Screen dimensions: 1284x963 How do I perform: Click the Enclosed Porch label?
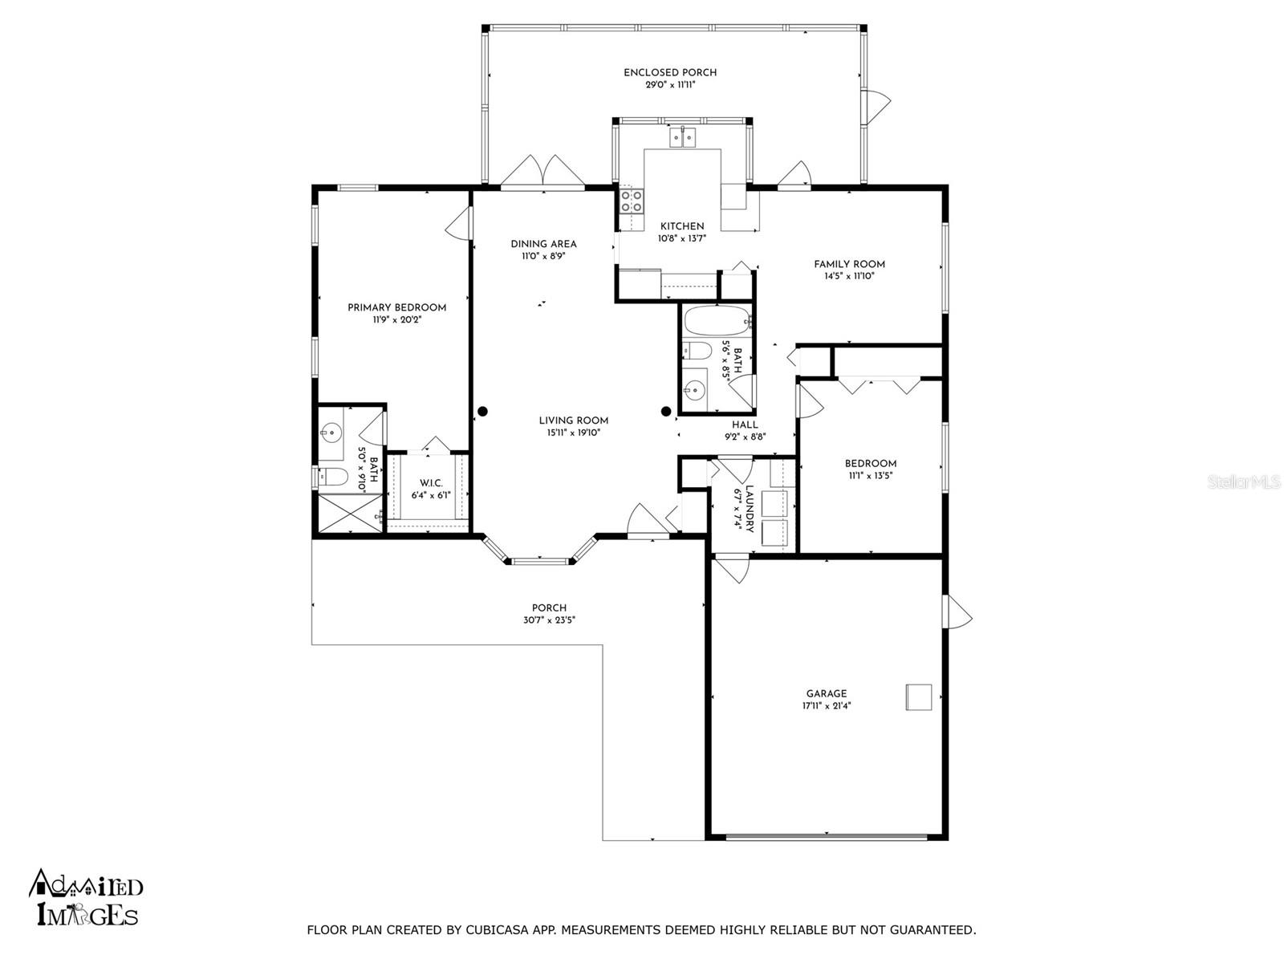[670, 72]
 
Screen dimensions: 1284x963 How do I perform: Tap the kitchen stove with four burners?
[632, 200]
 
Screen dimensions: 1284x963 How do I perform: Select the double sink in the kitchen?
[683, 138]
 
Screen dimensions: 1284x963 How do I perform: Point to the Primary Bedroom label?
[396, 307]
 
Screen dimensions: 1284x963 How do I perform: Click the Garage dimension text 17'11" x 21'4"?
[826, 705]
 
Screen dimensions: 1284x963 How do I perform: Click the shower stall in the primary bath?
[349, 513]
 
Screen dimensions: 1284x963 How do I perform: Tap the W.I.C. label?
[431, 484]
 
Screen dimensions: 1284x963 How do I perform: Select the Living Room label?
[573, 421]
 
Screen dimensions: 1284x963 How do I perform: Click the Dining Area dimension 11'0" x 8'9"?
[543, 256]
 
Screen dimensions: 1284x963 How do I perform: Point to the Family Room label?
[849, 264]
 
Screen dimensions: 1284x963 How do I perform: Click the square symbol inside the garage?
[918, 697]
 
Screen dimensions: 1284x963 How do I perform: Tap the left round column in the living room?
[482, 412]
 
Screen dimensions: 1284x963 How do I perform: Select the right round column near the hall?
[666, 412]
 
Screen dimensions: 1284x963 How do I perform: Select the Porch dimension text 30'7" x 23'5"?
[549, 620]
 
